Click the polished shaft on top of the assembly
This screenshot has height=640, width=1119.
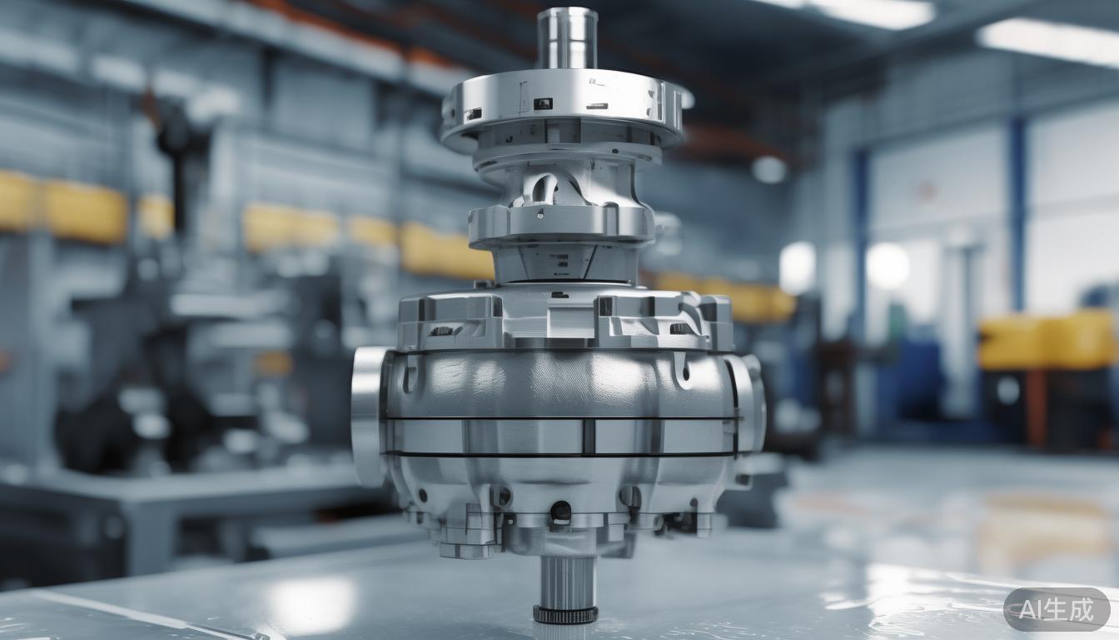coord(566,38)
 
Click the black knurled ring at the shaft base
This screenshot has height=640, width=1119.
coord(565,615)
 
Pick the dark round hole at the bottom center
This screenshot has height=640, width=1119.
coord(560,510)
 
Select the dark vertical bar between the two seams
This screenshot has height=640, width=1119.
coord(589,436)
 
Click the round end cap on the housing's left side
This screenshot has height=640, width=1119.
coord(367,416)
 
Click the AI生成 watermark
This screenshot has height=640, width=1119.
coord(1056,610)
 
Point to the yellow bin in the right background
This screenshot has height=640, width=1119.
coord(1046,340)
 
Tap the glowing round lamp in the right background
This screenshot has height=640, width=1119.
coord(888,266)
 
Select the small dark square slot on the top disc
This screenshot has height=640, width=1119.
coord(542,103)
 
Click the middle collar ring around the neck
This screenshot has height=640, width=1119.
coord(561,222)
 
